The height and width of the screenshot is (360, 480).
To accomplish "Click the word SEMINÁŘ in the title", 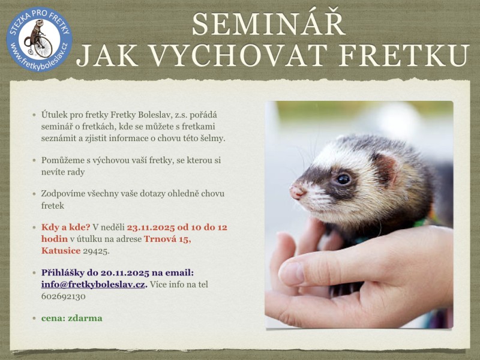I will [x=269, y=24].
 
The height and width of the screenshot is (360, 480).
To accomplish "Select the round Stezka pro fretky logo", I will [x=39, y=39].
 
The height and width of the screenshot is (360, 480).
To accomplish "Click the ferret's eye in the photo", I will [x=343, y=179].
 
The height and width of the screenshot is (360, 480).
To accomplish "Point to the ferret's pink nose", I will [x=297, y=193].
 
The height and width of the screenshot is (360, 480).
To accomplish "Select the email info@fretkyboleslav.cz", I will [x=93, y=284].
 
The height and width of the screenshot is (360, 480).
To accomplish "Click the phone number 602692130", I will [x=64, y=296].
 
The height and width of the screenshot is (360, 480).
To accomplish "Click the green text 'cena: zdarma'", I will [x=71, y=318].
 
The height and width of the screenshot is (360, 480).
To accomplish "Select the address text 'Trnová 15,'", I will [x=167, y=239].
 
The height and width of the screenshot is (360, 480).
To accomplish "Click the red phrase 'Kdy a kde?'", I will [x=65, y=227].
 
